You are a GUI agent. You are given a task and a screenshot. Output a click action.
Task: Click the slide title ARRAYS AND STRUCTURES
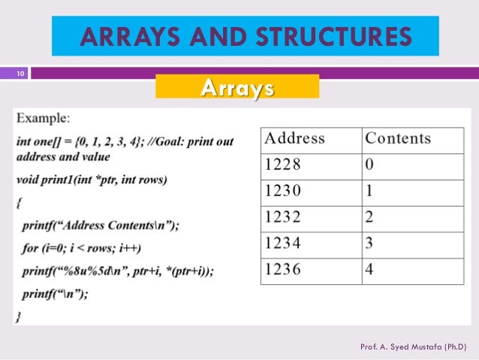(246, 36)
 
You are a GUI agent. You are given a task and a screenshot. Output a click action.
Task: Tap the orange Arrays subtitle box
(236, 88)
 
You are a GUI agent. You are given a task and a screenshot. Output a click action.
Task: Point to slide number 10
(20, 73)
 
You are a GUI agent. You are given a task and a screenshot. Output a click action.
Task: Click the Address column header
(295, 139)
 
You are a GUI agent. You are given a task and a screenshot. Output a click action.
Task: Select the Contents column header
(398, 139)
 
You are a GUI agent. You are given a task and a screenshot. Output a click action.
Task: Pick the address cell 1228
(282, 165)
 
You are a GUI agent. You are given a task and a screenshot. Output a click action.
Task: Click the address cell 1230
(282, 191)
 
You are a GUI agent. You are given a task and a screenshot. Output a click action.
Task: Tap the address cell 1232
(282, 218)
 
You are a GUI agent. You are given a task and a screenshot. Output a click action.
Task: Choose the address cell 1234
(282, 244)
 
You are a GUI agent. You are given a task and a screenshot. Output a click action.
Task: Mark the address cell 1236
(282, 271)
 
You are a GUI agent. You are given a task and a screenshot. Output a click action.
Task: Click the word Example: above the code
(44, 118)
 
